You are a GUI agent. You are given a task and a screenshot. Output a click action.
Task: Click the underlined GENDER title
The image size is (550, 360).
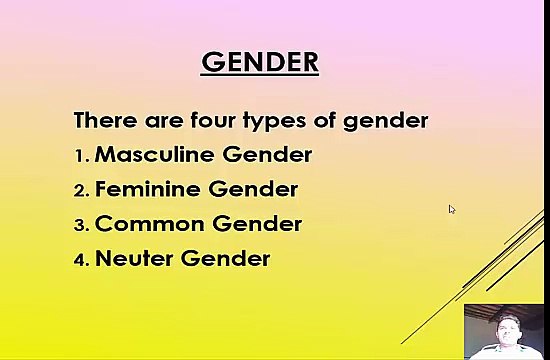coord(260,62)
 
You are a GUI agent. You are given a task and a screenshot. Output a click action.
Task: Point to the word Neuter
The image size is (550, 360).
coord(134,258)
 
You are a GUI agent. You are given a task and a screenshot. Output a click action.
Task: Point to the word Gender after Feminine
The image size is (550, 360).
coord(254,189)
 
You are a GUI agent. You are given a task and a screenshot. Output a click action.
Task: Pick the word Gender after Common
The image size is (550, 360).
coord(257,224)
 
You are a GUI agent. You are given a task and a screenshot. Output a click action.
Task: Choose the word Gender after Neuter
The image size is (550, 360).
coord(226,258)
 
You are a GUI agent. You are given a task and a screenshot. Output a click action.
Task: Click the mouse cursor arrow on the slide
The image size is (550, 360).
coord(451,208)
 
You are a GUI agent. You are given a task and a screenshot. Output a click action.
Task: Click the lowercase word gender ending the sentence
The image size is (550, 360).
coord(385,122)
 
